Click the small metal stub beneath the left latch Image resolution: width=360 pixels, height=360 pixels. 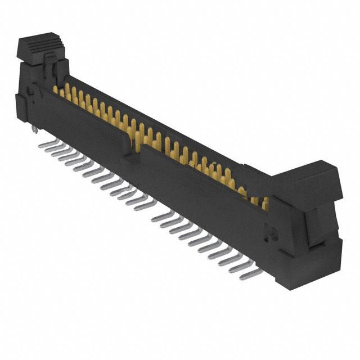tap(34, 130)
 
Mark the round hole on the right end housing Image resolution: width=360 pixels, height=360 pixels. tap(268, 230)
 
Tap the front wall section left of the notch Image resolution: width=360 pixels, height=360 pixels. tap(84, 129)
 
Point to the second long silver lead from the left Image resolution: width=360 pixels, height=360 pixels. tap(53, 149)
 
